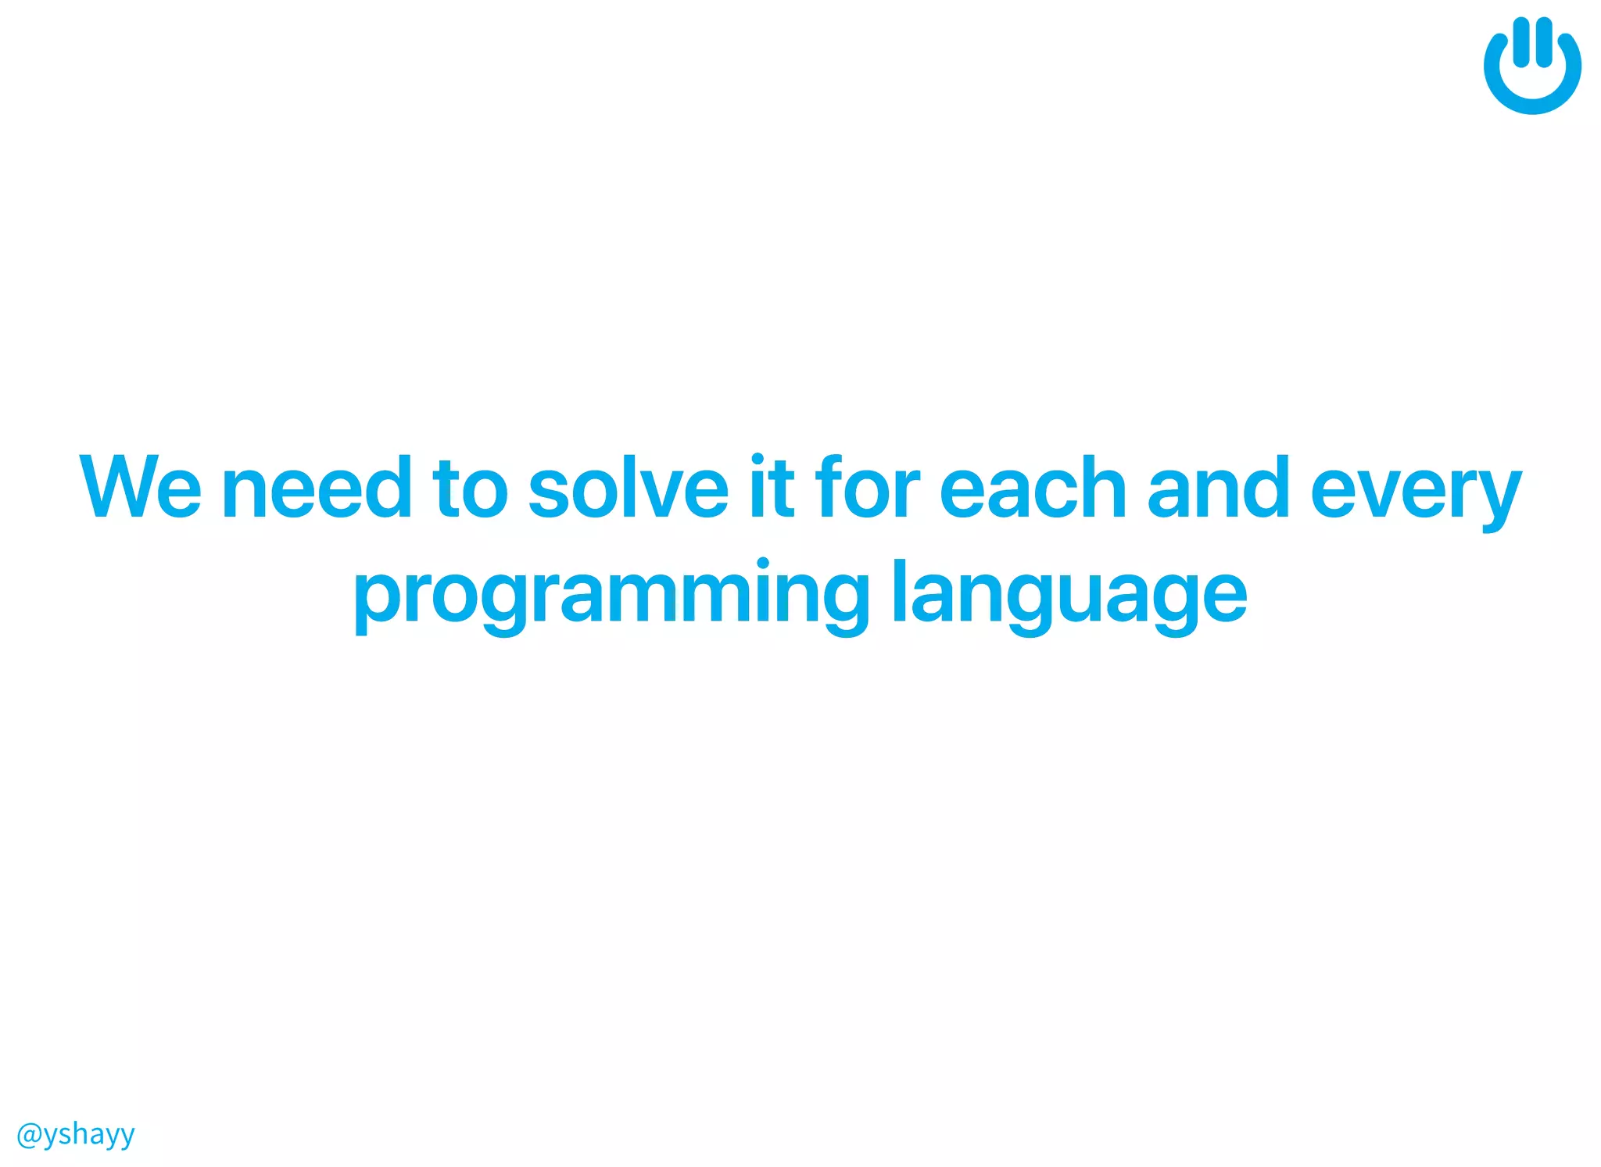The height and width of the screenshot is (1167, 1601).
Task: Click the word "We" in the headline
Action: (x=141, y=488)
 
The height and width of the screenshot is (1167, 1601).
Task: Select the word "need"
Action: (x=317, y=488)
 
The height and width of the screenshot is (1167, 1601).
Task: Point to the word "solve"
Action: (x=628, y=488)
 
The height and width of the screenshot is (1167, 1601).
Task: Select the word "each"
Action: (x=1032, y=488)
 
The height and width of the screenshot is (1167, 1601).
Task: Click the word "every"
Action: (x=1416, y=492)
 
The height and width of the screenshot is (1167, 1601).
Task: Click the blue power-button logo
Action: (x=1532, y=66)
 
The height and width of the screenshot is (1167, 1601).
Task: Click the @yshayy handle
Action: (x=76, y=1134)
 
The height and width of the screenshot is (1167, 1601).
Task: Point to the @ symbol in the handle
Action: (x=28, y=1134)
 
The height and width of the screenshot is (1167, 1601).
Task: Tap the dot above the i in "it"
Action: (x=757, y=459)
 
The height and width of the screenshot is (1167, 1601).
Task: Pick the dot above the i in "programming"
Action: (x=763, y=564)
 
